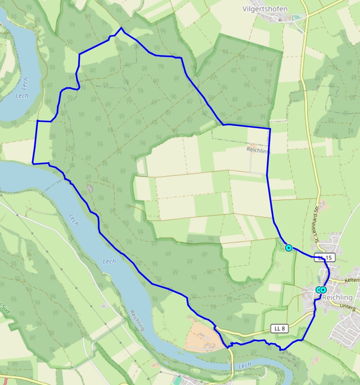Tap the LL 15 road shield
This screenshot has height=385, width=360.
(324, 257)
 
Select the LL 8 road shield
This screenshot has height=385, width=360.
(279, 328)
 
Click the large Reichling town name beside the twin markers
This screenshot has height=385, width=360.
(337, 297)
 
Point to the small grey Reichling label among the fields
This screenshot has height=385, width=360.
(258, 150)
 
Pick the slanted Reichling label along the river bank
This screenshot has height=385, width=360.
(138, 321)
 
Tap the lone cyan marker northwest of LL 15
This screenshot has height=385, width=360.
(289, 248)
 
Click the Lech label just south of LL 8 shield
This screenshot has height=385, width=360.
(244, 365)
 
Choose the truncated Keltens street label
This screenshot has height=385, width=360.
(352, 280)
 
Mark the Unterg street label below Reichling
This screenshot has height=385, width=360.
(348, 308)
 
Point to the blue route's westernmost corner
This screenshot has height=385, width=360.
(33, 163)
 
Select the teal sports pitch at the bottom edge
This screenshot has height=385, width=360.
(177, 380)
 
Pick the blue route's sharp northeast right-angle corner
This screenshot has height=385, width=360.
(270, 128)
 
